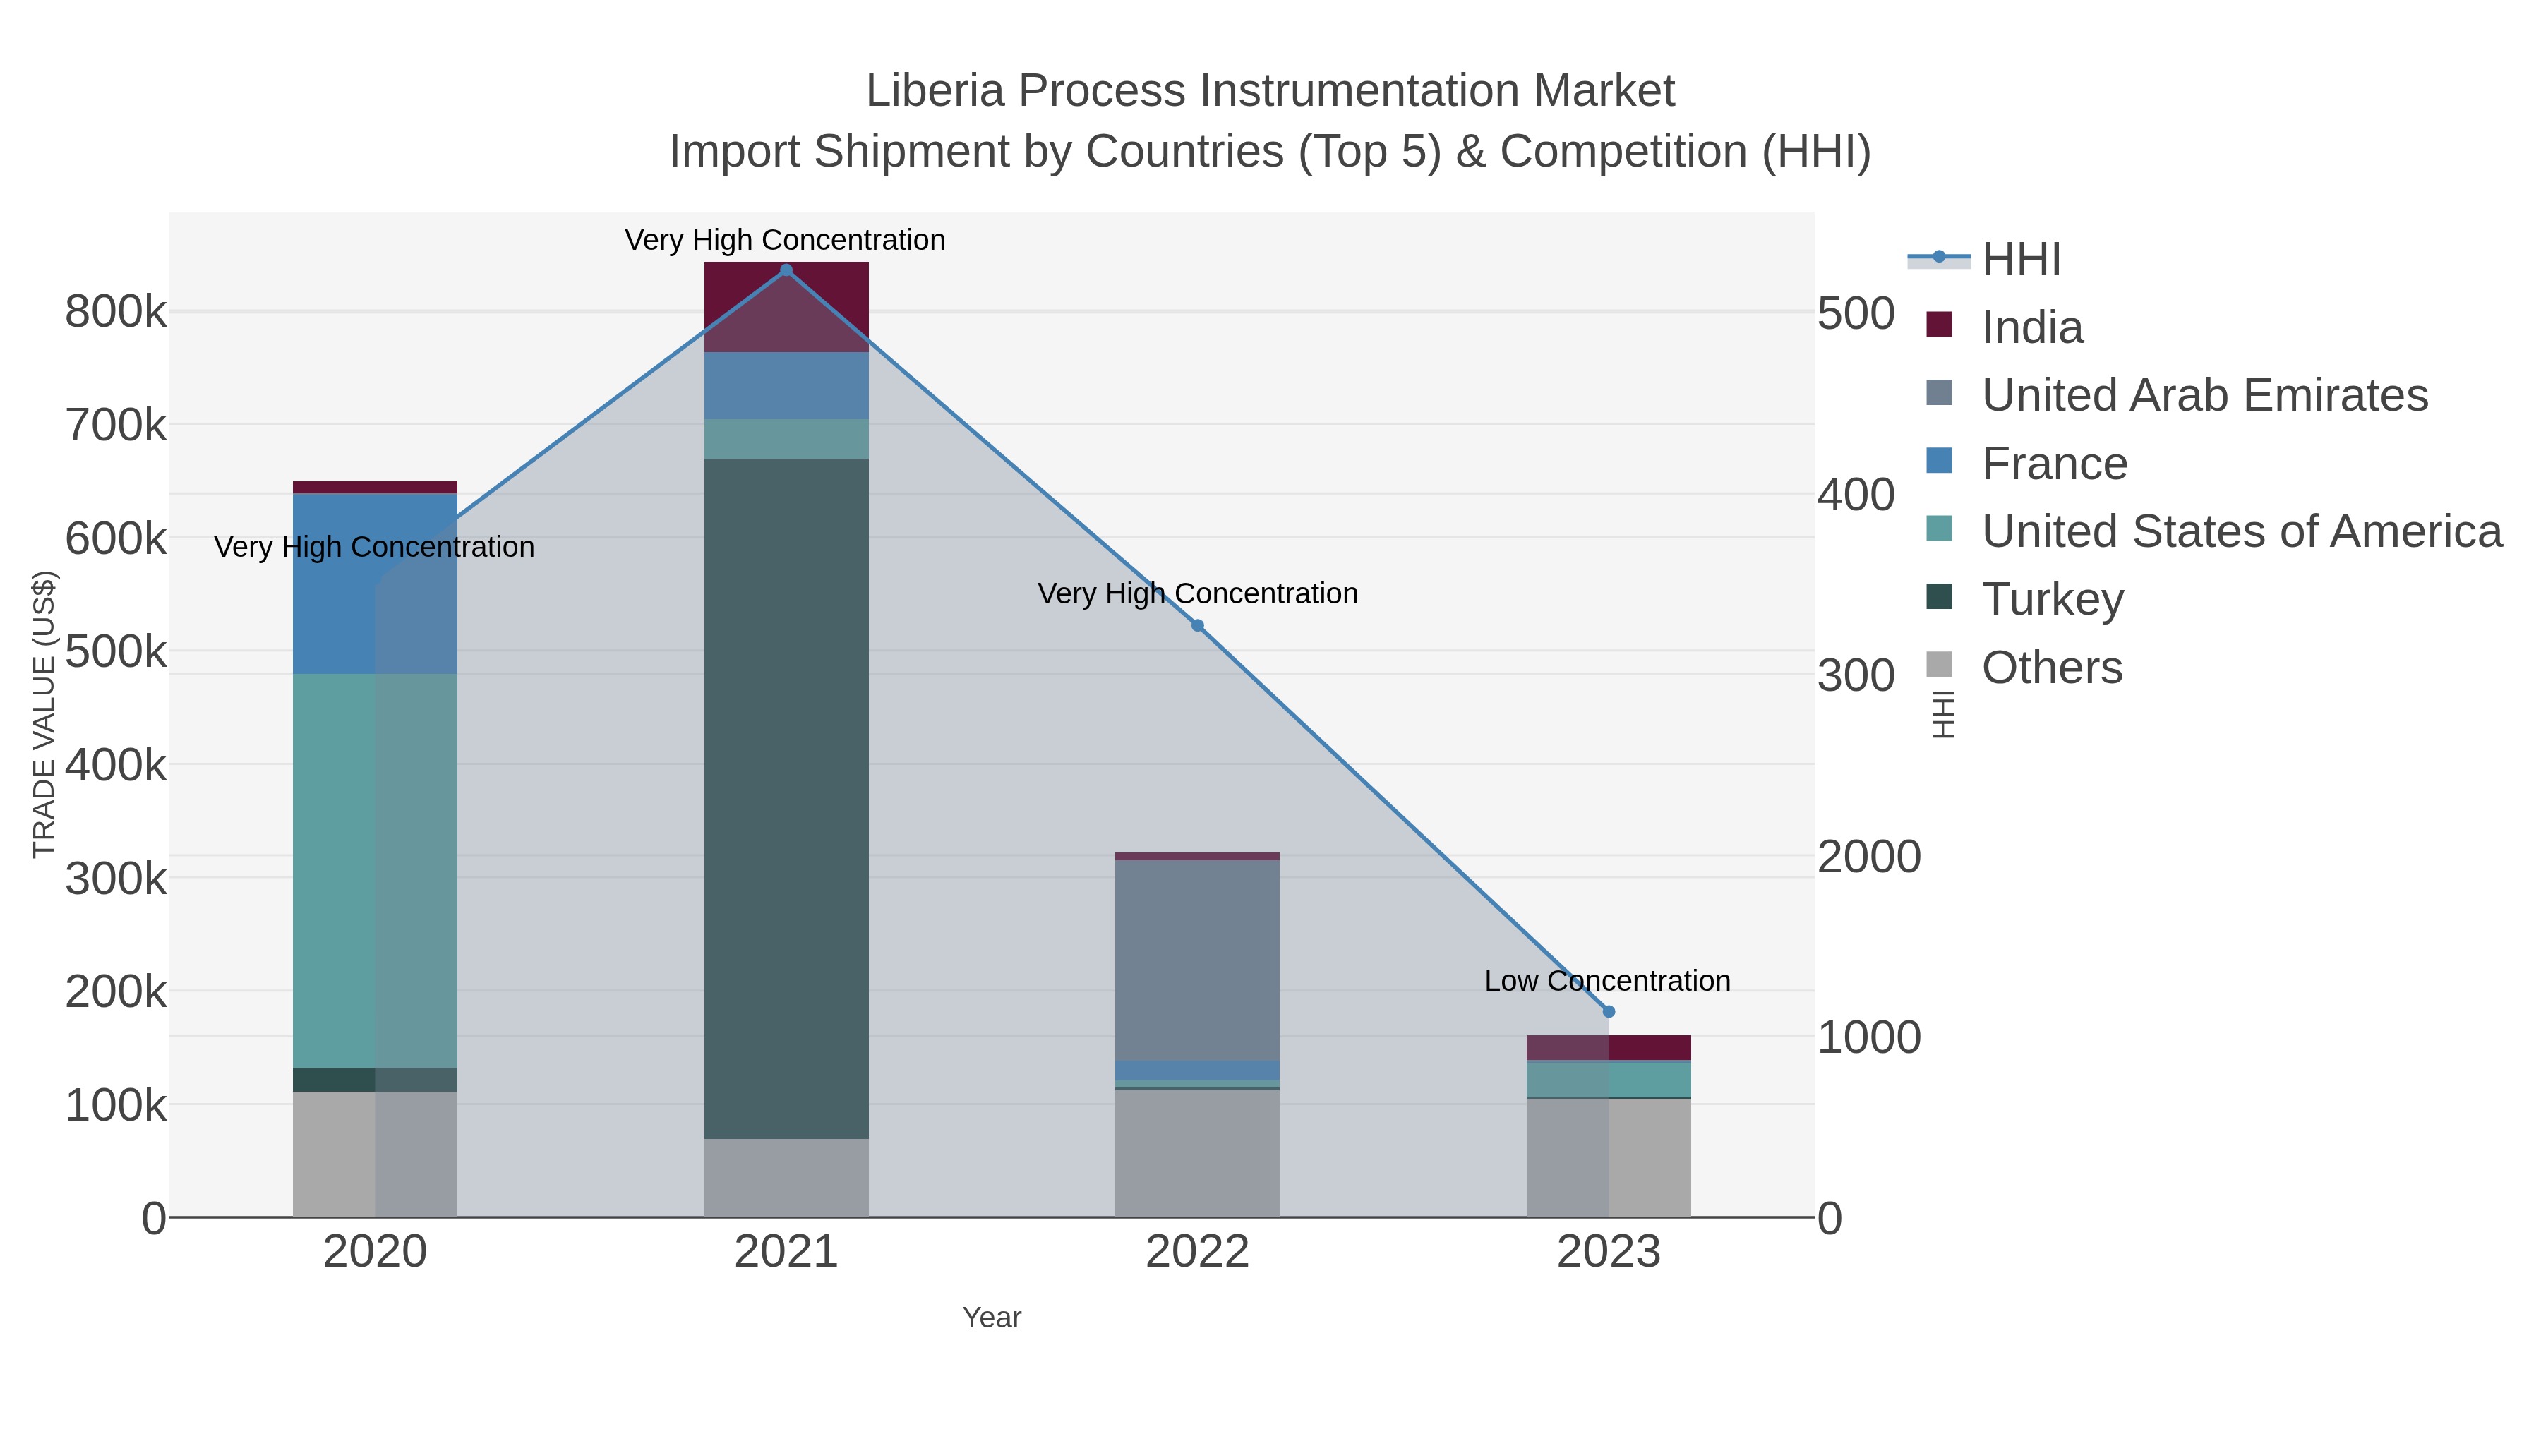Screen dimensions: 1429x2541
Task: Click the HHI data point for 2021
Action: (786, 270)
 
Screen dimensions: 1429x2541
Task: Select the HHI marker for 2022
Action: (1198, 625)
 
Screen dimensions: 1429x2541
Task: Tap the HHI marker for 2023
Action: (1609, 1012)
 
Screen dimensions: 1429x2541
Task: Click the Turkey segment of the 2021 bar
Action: (786, 799)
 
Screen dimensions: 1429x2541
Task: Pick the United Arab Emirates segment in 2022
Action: (1198, 960)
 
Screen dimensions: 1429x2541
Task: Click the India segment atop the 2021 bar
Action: (786, 306)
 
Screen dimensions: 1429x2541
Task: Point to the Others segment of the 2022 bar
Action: (1198, 1153)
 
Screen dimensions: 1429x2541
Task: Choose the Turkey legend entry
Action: (2053, 600)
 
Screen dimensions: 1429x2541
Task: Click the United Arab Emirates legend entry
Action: (2204, 395)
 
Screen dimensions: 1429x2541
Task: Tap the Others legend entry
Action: (2052, 668)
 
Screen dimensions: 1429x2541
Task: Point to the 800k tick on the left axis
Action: (116, 313)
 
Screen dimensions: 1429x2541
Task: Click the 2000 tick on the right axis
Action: (1868, 857)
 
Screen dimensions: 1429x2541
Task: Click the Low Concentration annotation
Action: (1607, 982)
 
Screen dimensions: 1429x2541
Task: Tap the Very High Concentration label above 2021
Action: (785, 240)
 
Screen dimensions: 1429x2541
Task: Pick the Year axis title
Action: (992, 1318)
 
